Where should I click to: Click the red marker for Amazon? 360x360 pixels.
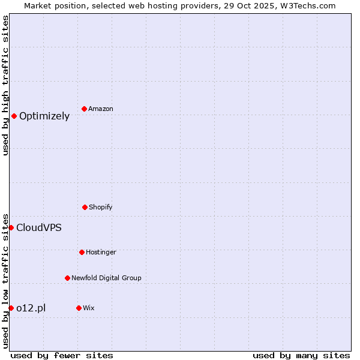[85, 109]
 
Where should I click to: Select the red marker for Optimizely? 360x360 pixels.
[14, 116]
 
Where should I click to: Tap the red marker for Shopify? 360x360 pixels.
[85, 207]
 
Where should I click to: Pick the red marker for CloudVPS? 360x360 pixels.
[11, 227]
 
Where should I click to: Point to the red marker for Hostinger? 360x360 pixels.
[82, 252]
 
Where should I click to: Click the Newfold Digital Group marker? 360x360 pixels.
[67, 278]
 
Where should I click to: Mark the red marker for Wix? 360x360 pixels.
[79, 308]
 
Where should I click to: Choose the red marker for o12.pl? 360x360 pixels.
[11, 308]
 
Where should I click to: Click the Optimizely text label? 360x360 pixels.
[44, 116]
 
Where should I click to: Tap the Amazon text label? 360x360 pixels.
[101, 109]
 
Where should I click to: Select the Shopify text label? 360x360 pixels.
[101, 208]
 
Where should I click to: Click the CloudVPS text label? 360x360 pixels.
[39, 228]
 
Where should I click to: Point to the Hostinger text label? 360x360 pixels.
[101, 253]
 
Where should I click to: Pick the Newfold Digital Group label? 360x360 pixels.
[106, 278]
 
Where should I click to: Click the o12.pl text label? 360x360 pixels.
[31, 308]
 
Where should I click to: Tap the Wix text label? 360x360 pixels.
[89, 308]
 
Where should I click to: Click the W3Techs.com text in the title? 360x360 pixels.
[306, 5]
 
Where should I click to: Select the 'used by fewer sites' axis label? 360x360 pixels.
[62, 356]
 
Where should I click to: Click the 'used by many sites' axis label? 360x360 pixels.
[301, 356]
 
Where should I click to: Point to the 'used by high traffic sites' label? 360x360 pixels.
[5, 85]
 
